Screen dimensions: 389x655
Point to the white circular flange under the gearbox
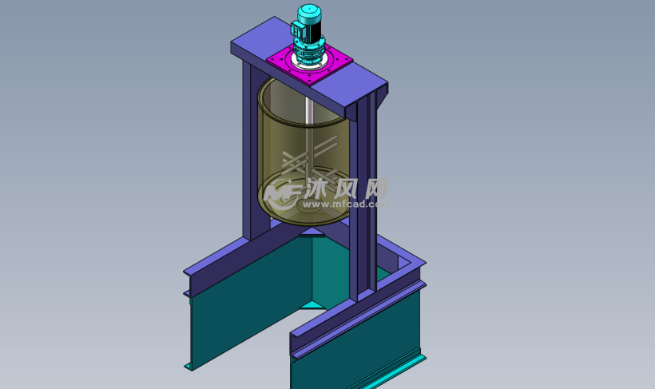click(310, 63)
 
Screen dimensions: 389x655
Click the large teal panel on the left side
click(240, 320)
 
